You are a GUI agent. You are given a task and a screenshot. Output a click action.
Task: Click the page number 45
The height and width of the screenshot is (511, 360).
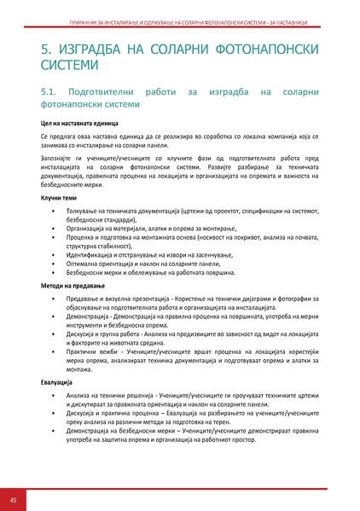[14, 499]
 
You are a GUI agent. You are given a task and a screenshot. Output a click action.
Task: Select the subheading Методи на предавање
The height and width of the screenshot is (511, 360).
[73, 286]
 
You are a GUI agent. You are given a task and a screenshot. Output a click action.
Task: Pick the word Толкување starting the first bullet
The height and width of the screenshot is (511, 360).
[84, 210]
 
